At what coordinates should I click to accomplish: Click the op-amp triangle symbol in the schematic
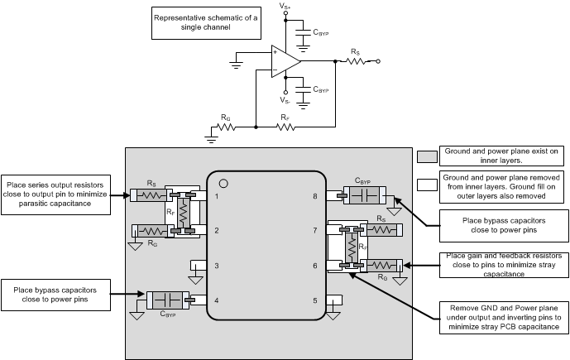point(284,60)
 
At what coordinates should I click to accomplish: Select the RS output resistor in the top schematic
point(356,60)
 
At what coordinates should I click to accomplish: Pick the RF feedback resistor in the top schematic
point(284,127)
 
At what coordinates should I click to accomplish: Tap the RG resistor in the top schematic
point(226,127)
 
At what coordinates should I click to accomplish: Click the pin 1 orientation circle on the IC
point(223,182)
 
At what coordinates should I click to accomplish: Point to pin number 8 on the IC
point(315,196)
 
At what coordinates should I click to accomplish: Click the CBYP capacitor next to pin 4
point(168,300)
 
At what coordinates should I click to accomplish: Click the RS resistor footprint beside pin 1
point(151,196)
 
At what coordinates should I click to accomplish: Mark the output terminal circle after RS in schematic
point(378,60)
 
